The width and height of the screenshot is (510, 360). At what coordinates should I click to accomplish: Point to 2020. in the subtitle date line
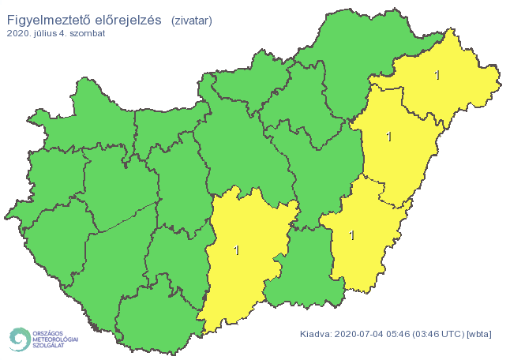[19, 34]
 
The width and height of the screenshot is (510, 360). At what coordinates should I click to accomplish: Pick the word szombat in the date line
[88, 34]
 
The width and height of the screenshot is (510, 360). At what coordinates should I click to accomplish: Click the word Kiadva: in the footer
[316, 335]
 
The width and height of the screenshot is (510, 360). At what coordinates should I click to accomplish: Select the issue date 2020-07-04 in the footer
[358, 335]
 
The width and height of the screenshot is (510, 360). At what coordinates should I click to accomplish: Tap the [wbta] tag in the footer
[479, 335]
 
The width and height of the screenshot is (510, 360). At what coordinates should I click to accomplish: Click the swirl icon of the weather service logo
[17, 339]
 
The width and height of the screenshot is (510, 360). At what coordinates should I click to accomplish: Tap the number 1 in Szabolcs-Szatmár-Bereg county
[437, 76]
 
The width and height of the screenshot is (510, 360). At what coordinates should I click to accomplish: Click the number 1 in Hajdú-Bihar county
[388, 137]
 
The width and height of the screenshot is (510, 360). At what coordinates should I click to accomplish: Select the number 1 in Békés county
[351, 235]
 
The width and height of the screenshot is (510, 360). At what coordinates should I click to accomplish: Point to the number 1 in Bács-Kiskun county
[236, 251]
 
